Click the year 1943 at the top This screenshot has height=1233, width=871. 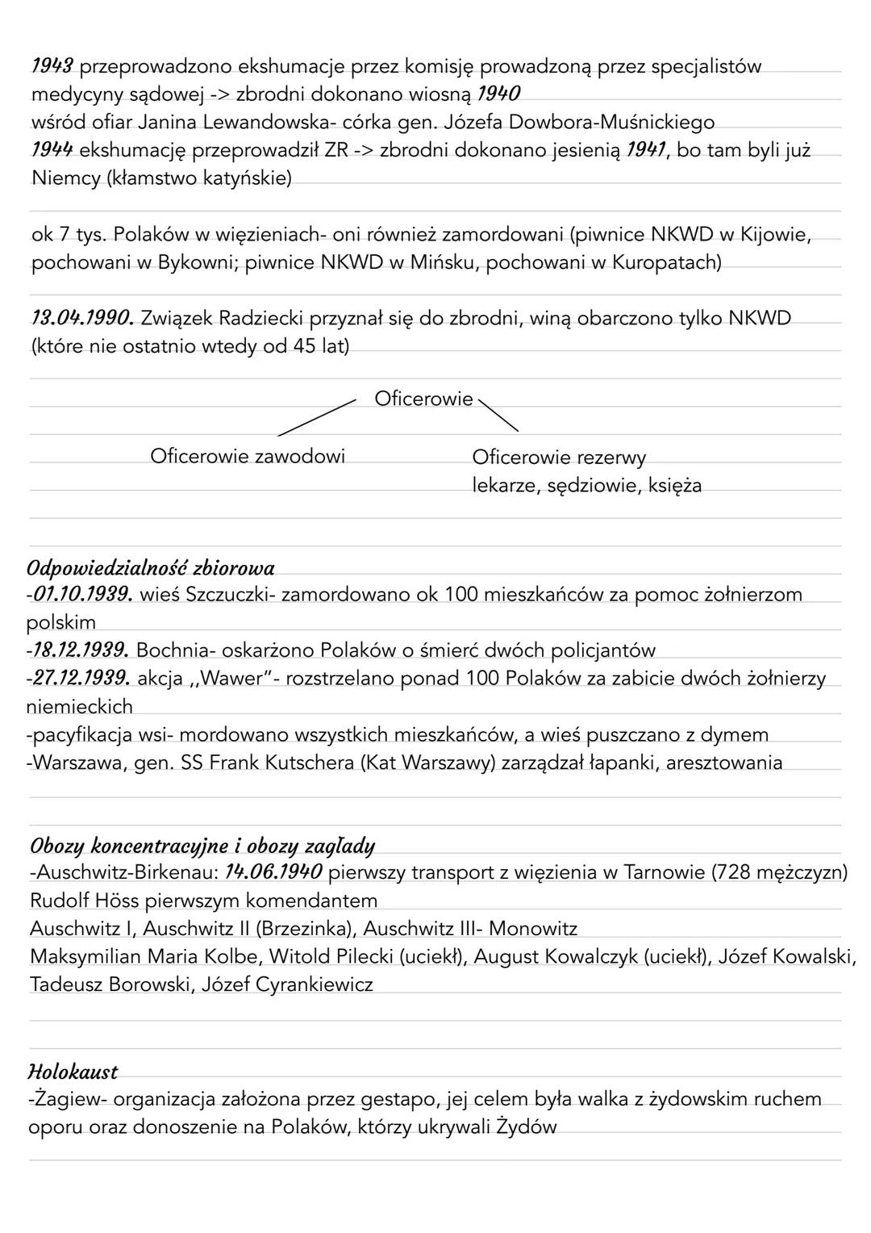[52, 66]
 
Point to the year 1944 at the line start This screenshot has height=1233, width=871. [52, 150]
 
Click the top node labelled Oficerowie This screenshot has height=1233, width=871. [423, 399]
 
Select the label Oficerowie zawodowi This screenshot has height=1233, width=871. [248, 457]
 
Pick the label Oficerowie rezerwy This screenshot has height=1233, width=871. [559, 458]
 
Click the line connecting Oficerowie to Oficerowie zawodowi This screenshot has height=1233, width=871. [317, 416]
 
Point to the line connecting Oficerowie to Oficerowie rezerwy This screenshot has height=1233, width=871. [499, 414]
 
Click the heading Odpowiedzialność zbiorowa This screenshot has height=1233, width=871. [151, 568]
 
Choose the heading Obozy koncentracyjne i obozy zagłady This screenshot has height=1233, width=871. [202, 846]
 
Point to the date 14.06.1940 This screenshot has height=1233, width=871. [273, 872]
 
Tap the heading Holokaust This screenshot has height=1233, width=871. [73, 1072]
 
